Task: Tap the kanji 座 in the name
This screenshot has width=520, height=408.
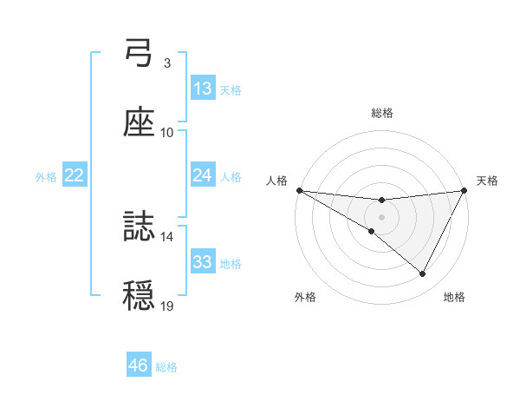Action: point(139,123)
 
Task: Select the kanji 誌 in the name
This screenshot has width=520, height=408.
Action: point(139,227)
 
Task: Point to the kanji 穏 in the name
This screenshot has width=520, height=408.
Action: point(139,296)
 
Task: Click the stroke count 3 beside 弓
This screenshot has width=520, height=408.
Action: point(166,63)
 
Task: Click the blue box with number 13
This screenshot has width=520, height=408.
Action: point(203,89)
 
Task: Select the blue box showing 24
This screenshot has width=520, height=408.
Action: point(203,175)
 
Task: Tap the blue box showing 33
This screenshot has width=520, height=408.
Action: point(203,262)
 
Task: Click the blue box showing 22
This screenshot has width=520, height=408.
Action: point(75,175)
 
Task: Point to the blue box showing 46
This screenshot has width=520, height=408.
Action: point(139,365)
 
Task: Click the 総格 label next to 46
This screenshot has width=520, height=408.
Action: point(166,367)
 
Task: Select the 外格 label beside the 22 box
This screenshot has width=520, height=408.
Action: point(46,177)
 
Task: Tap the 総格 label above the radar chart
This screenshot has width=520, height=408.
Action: point(381,113)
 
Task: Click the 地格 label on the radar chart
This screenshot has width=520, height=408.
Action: point(454,298)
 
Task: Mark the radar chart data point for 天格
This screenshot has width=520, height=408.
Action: point(465,189)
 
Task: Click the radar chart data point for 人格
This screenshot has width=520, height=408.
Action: point(299,189)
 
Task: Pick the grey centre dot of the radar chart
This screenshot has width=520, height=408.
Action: point(381,216)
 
